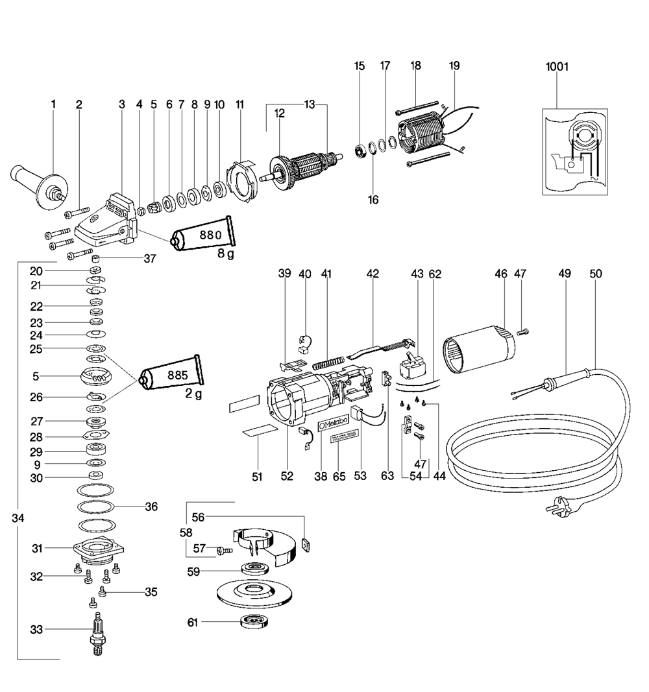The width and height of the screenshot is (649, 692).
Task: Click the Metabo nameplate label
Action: (x=333, y=423)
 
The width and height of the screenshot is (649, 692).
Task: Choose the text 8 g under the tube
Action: (x=225, y=254)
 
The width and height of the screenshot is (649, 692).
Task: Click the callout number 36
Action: (x=151, y=506)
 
